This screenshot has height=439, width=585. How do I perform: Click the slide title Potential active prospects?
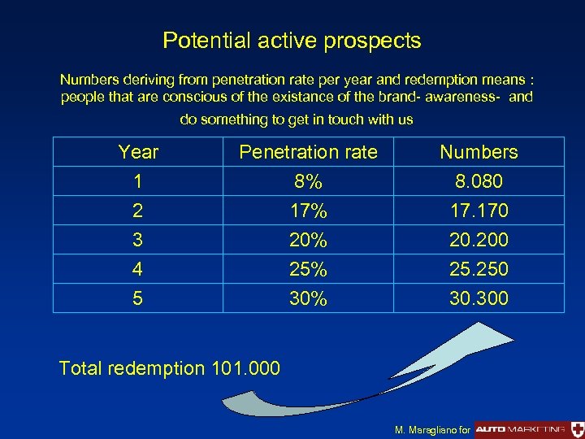(292, 41)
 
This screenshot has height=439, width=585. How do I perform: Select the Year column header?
(138, 152)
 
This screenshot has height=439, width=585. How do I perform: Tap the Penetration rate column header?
(308, 152)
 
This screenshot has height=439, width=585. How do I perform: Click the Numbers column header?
(479, 152)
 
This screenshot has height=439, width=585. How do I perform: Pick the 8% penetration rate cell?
(308, 181)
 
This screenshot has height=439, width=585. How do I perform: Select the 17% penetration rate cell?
(308, 211)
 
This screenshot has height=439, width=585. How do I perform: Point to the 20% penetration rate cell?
(308, 240)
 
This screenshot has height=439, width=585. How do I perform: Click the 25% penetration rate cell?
(308, 269)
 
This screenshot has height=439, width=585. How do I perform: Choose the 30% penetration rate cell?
(308, 298)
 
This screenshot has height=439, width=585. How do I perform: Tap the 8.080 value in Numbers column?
(479, 181)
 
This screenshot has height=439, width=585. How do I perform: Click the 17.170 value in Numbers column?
(479, 211)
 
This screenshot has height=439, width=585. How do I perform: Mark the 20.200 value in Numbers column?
(479, 240)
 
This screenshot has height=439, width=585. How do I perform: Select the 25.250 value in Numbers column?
(479, 269)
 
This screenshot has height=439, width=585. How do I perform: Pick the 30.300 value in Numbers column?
(479, 298)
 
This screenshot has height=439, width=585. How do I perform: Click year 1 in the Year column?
(138, 181)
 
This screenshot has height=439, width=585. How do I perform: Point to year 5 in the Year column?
(138, 298)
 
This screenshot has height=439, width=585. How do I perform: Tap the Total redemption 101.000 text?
(170, 368)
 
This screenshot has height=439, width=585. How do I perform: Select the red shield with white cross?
(577, 428)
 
